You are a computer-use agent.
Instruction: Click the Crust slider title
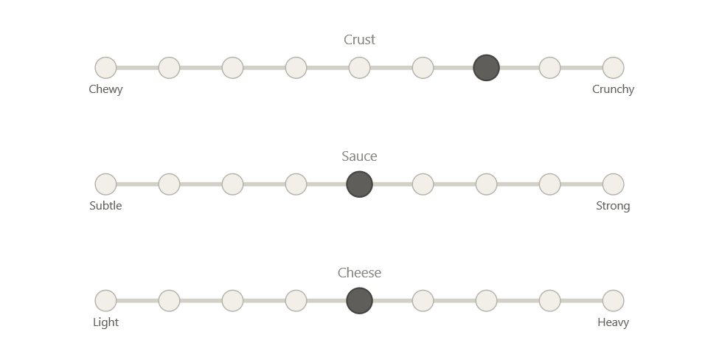[x=360, y=40]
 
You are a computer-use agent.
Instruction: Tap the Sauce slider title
[x=360, y=156]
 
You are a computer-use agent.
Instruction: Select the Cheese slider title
[x=360, y=273]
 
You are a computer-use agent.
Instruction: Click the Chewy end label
[x=105, y=89]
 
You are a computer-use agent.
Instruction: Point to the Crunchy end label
[x=614, y=89]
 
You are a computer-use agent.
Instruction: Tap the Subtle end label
[x=105, y=206]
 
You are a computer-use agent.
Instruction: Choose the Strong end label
[x=614, y=206]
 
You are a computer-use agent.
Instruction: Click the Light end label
[x=105, y=322]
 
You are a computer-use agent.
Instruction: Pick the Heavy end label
[x=614, y=322]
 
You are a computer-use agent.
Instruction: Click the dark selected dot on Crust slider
[x=486, y=68]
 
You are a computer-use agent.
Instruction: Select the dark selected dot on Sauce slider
[x=359, y=184]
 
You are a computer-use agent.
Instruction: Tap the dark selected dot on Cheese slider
[x=359, y=301]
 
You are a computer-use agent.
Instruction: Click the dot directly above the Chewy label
[x=105, y=68]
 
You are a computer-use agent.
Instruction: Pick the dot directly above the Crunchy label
[x=614, y=68]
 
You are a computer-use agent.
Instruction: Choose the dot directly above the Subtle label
[x=105, y=184]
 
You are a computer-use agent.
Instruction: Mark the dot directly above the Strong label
[x=614, y=184]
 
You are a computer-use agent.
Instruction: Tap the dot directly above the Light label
[x=105, y=301]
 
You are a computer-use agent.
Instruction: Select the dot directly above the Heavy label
[x=614, y=301]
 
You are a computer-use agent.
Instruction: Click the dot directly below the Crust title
[x=359, y=68]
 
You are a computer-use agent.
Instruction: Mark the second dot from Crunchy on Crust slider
[x=549, y=68]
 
